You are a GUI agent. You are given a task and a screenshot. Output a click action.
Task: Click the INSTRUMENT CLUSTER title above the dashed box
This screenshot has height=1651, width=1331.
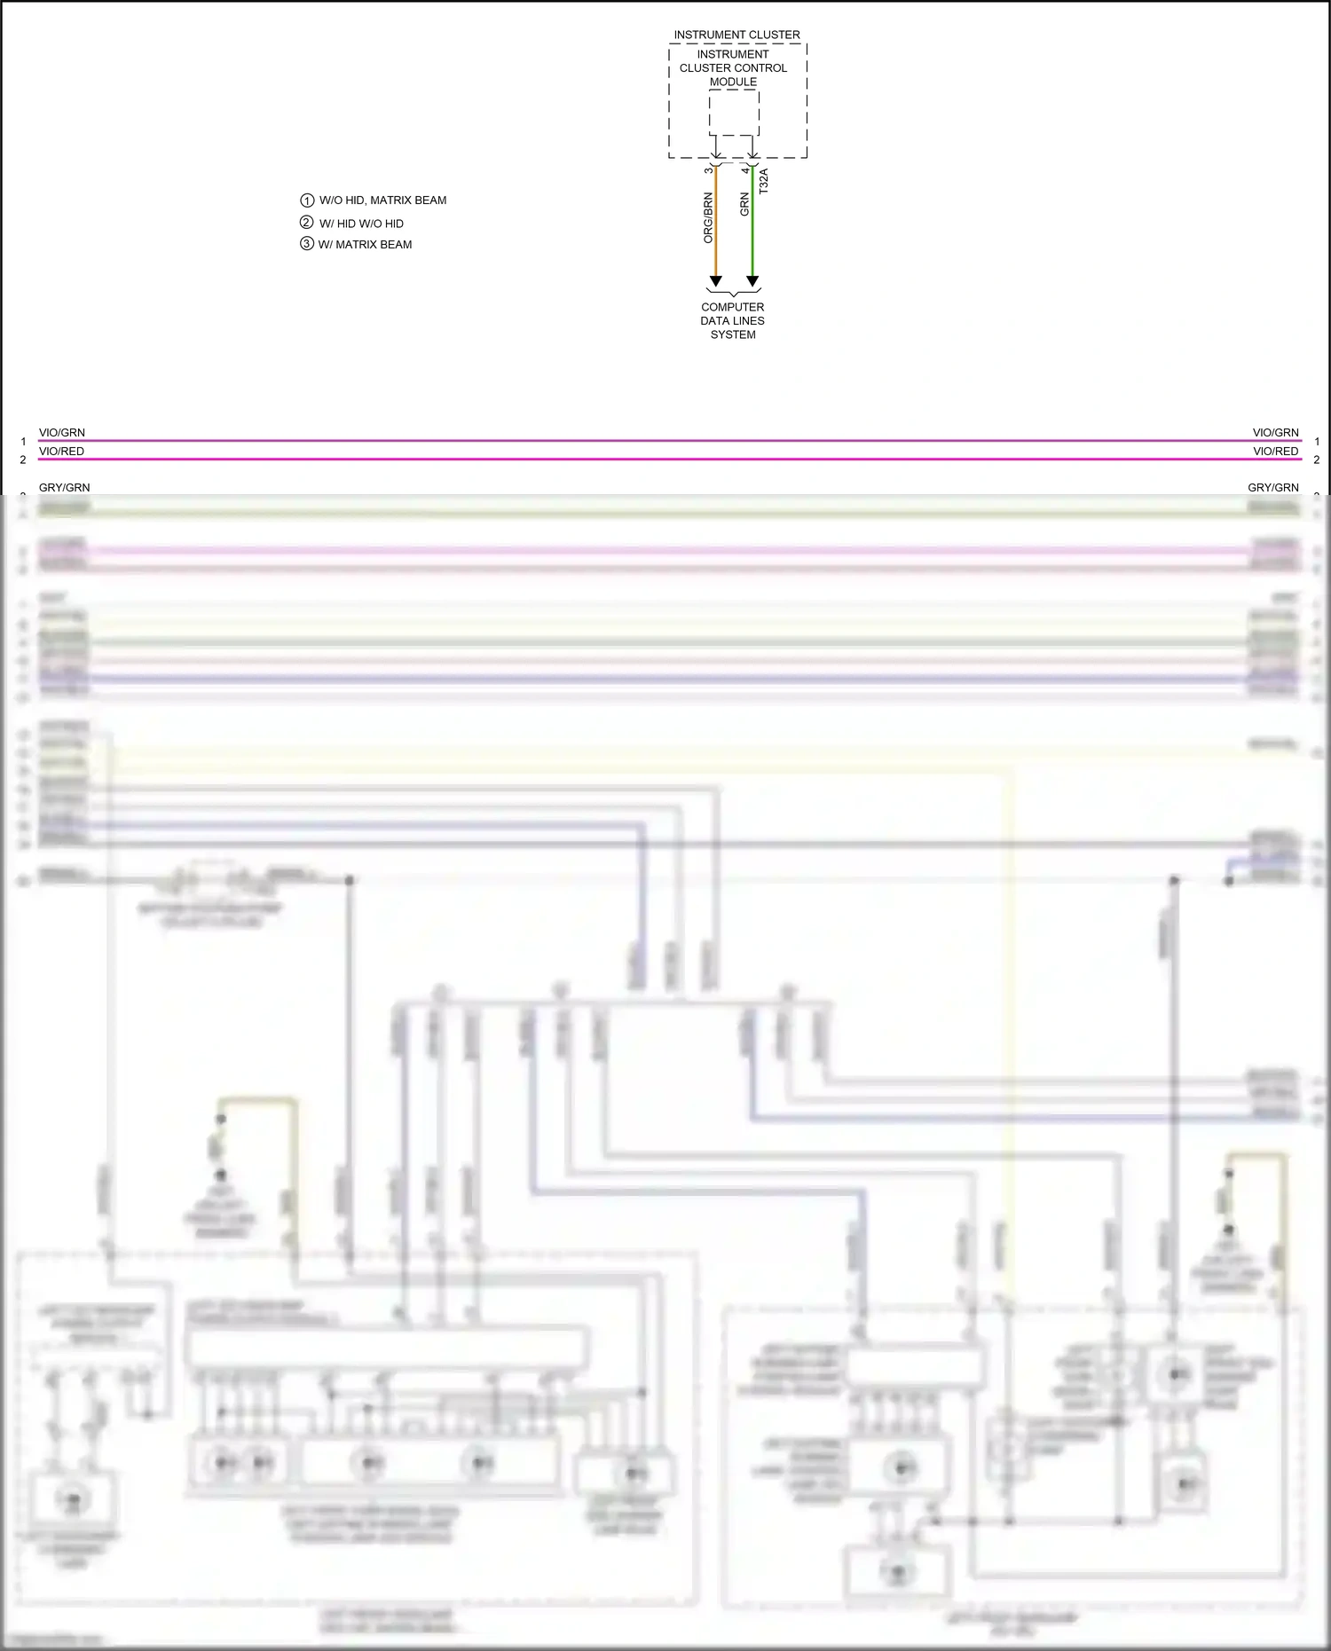pyautogui.click(x=736, y=35)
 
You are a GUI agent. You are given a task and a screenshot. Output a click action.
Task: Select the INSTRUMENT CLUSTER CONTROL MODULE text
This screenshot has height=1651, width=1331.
pyautogui.click(x=733, y=67)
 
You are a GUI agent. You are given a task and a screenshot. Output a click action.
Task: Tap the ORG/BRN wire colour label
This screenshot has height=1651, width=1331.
pyautogui.click(x=708, y=218)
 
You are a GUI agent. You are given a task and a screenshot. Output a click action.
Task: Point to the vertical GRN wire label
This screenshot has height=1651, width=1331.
pyautogui.click(x=744, y=205)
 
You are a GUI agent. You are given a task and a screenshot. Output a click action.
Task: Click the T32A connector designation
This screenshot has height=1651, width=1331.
pyautogui.click(x=764, y=181)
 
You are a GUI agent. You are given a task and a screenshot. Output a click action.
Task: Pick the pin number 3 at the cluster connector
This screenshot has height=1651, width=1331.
pyautogui.click(x=708, y=170)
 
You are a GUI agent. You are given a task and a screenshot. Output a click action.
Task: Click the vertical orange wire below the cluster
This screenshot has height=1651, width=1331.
pyautogui.click(x=716, y=231)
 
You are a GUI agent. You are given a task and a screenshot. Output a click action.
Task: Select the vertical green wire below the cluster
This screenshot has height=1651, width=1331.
pyautogui.click(x=752, y=231)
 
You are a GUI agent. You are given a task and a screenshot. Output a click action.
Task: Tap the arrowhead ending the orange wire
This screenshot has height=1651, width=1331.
pyautogui.click(x=716, y=281)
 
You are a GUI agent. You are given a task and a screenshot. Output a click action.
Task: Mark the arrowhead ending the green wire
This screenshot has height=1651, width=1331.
pyautogui.click(x=752, y=281)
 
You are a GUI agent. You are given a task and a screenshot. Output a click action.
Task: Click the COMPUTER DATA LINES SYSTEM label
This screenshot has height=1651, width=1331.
pyautogui.click(x=733, y=320)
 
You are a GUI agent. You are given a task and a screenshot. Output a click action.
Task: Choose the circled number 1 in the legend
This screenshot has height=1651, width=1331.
pyautogui.click(x=307, y=200)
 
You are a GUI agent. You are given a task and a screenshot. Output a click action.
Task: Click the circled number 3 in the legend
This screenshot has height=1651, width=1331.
pyautogui.click(x=307, y=244)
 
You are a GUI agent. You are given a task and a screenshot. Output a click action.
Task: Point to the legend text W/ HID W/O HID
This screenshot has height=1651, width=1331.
pyautogui.click(x=361, y=224)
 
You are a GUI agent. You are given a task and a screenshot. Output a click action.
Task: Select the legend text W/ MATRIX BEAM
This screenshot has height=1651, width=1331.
pyautogui.click(x=365, y=245)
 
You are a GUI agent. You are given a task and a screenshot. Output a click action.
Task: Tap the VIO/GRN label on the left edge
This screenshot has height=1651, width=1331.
pyautogui.click(x=62, y=433)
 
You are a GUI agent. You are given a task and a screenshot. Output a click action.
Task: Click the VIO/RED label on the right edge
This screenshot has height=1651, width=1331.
pyautogui.click(x=1275, y=452)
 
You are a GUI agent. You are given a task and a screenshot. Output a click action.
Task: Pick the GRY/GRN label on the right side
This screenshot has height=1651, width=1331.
pyautogui.click(x=1272, y=488)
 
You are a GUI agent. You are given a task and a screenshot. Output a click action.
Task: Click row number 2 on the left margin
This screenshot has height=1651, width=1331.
pyautogui.click(x=23, y=460)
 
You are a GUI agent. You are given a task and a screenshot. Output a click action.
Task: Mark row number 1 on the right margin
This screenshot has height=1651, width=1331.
pyautogui.click(x=1317, y=442)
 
